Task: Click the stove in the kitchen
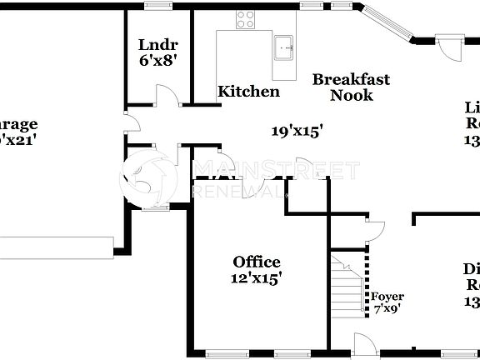pyautogui.click(x=245, y=19)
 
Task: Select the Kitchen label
pyautogui.click(x=248, y=92)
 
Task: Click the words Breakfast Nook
pyautogui.click(x=350, y=87)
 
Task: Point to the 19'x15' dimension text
pyautogui.click(x=297, y=130)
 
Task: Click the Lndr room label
pyautogui.click(x=158, y=44)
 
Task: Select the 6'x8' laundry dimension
pyautogui.click(x=158, y=61)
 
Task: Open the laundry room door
pyautogui.click(x=170, y=96)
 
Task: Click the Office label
pyautogui.click(x=256, y=262)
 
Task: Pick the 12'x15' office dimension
pyautogui.click(x=257, y=278)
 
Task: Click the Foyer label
pyautogui.click(x=387, y=296)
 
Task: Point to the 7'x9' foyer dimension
pyautogui.click(x=387, y=307)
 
